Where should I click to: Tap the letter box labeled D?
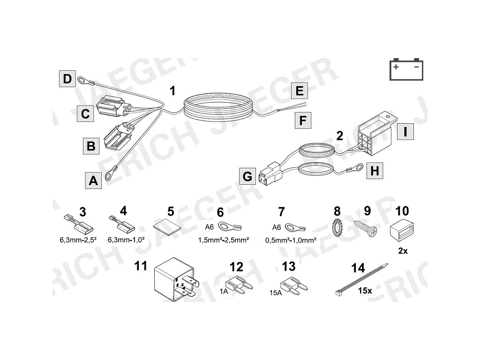67,78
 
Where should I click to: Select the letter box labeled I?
405,132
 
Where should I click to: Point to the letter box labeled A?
94,180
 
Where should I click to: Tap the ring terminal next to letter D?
83,81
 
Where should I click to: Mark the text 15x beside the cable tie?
365,291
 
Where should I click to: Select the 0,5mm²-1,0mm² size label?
291,240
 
